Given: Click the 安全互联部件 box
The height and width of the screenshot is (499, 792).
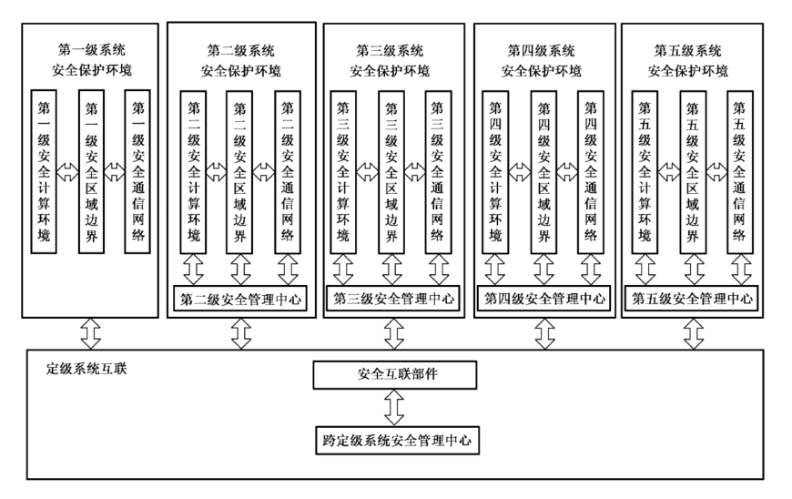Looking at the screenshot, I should [x=393, y=374].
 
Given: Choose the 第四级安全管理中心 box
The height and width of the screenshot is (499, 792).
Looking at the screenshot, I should [x=544, y=297].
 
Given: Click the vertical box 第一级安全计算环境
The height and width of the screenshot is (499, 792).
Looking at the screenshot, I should [x=44, y=168].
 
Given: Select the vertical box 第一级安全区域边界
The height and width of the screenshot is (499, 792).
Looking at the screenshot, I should [x=92, y=168].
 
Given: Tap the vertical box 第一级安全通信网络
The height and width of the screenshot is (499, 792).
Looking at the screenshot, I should [x=139, y=168].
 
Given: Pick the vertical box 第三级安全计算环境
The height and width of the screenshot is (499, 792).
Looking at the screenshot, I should [x=342, y=168].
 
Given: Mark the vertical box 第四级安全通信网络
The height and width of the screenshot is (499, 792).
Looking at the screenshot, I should [x=591, y=168].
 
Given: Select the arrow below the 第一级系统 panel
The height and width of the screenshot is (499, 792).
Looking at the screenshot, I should [x=90, y=333].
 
